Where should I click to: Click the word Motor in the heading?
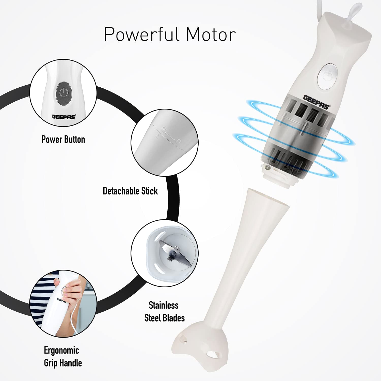click(x=211, y=34)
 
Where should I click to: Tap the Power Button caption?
click(x=63, y=139)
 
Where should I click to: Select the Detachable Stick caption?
click(x=130, y=191)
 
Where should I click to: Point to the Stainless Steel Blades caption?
click(x=164, y=311)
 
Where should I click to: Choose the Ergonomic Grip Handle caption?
click(x=63, y=356)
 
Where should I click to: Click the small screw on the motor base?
click(x=266, y=167)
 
